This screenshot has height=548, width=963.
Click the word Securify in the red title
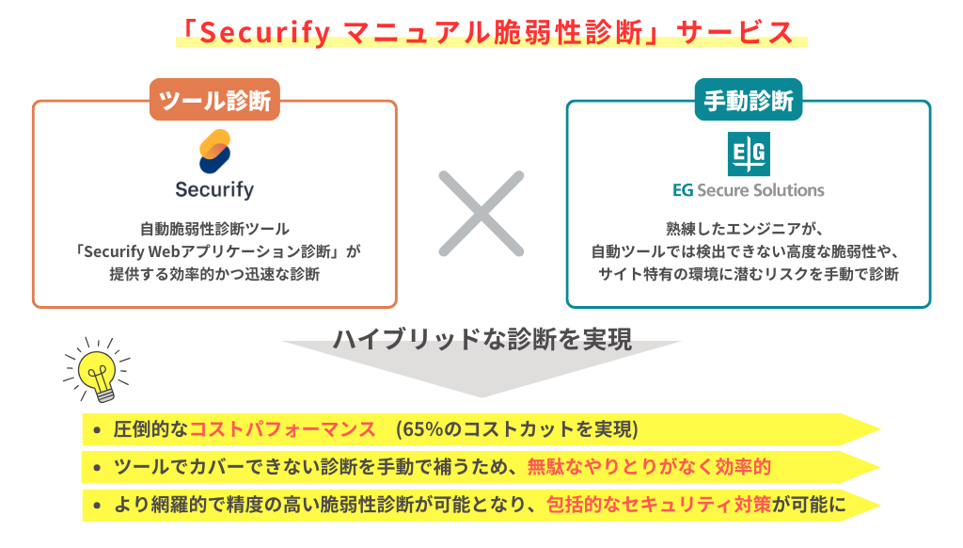(x=264, y=33)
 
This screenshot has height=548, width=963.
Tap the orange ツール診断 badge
(x=215, y=100)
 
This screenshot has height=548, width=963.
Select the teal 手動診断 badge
(x=749, y=100)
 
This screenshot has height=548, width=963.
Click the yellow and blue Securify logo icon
(x=215, y=152)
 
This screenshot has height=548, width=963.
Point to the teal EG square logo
(x=749, y=153)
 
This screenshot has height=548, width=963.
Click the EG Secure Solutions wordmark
(x=749, y=190)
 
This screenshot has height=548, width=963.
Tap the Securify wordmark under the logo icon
(x=214, y=189)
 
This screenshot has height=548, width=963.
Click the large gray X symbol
(x=481, y=214)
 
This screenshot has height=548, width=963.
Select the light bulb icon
(x=97, y=370)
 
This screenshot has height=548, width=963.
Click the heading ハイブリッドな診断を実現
(x=482, y=339)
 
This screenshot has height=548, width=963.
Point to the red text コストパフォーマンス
(x=282, y=429)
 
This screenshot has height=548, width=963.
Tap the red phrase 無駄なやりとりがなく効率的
(x=649, y=467)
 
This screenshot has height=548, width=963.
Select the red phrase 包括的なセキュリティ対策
(x=659, y=505)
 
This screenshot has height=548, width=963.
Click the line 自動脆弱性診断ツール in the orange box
(x=215, y=229)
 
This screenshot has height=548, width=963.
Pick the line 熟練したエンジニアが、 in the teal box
(x=745, y=229)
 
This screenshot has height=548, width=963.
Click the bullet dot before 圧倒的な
(x=97, y=430)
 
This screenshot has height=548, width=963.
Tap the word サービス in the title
(x=734, y=33)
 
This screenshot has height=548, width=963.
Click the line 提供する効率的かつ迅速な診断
(x=215, y=274)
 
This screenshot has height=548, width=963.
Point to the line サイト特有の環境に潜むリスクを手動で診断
(x=749, y=274)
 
